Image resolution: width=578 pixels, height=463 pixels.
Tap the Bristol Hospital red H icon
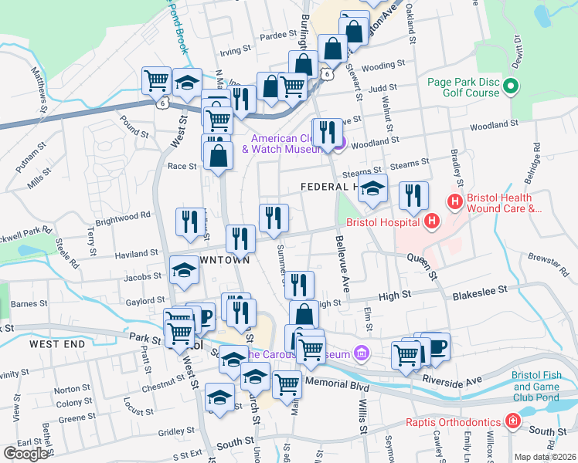[x=431, y=222]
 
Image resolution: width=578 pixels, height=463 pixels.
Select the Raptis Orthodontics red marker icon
[x=512, y=421]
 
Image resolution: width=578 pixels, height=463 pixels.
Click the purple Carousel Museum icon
[x=359, y=353]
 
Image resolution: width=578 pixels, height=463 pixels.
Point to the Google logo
[x=25, y=453]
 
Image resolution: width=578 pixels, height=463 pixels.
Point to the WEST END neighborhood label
[x=56, y=342]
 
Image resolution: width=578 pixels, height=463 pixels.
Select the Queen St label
[x=422, y=265]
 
